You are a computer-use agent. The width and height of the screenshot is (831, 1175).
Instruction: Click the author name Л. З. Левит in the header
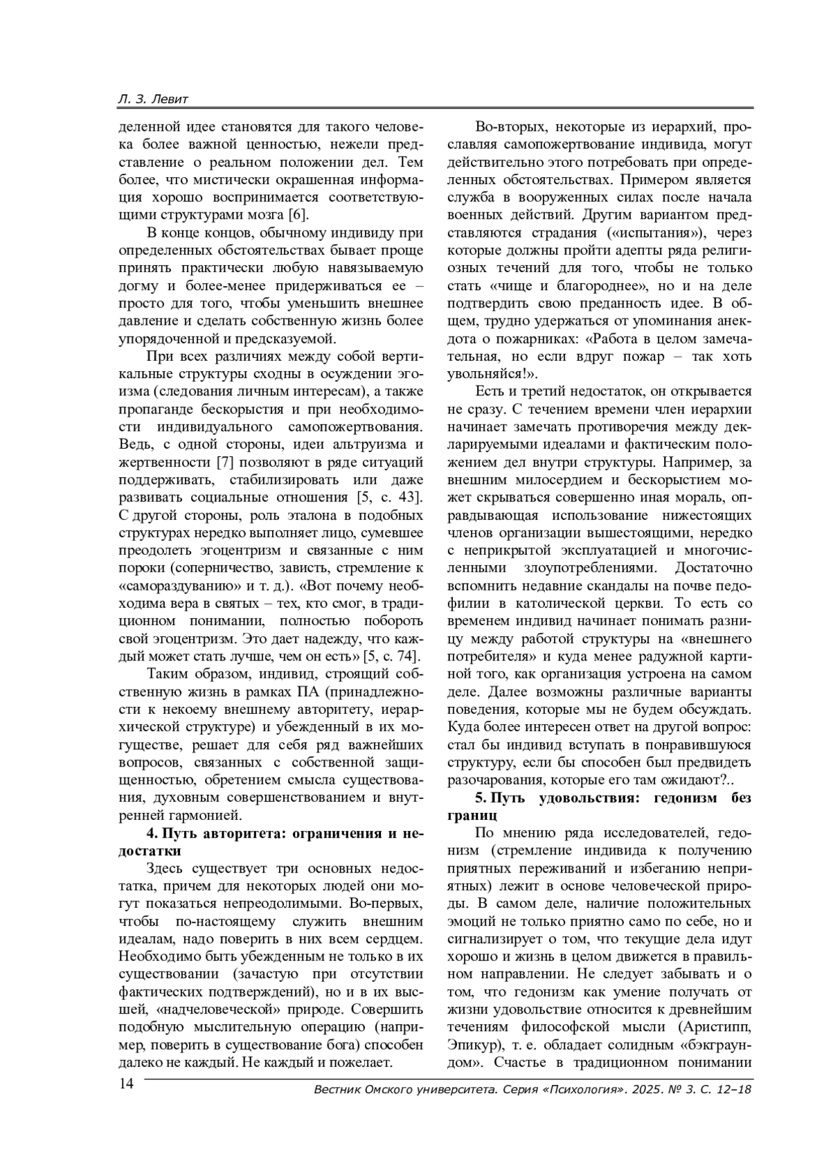click(x=153, y=100)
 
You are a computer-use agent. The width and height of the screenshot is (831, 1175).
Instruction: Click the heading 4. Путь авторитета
click(x=270, y=833)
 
